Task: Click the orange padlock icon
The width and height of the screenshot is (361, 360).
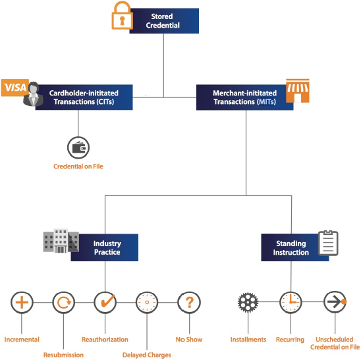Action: [x=122, y=15]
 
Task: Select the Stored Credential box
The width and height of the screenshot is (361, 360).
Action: [x=164, y=21]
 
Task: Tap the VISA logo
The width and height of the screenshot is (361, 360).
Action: [x=15, y=88]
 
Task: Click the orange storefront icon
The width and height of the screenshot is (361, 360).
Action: [x=298, y=91]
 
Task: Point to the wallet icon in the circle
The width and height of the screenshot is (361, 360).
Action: [x=78, y=147]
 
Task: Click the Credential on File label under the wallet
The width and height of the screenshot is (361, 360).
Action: [x=78, y=167]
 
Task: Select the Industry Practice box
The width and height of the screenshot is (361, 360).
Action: [x=105, y=247]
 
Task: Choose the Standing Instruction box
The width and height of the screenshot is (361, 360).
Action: [x=295, y=247]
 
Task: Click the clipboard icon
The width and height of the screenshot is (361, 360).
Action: [x=328, y=243]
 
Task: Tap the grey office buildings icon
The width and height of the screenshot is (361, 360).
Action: [x=61, y=241]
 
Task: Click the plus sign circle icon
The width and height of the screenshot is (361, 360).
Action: [x=22, y=303]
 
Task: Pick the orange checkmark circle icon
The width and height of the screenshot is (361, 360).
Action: [x=105, y=302]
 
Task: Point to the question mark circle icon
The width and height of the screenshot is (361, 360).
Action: [x=189, y=303]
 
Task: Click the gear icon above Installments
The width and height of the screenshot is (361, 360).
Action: [x=248, y=302]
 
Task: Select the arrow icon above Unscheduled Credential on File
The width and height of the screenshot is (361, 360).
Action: [x=335, y=302]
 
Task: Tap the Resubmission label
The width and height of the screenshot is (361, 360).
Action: [x=63, y=355]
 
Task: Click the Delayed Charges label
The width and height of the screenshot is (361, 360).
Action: [x=147, y=355]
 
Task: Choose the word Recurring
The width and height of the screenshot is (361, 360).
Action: [x=290, y=340]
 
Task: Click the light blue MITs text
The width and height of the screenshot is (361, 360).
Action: [x=266, y=101]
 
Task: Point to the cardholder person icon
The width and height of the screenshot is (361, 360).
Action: [x=34, y=94]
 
